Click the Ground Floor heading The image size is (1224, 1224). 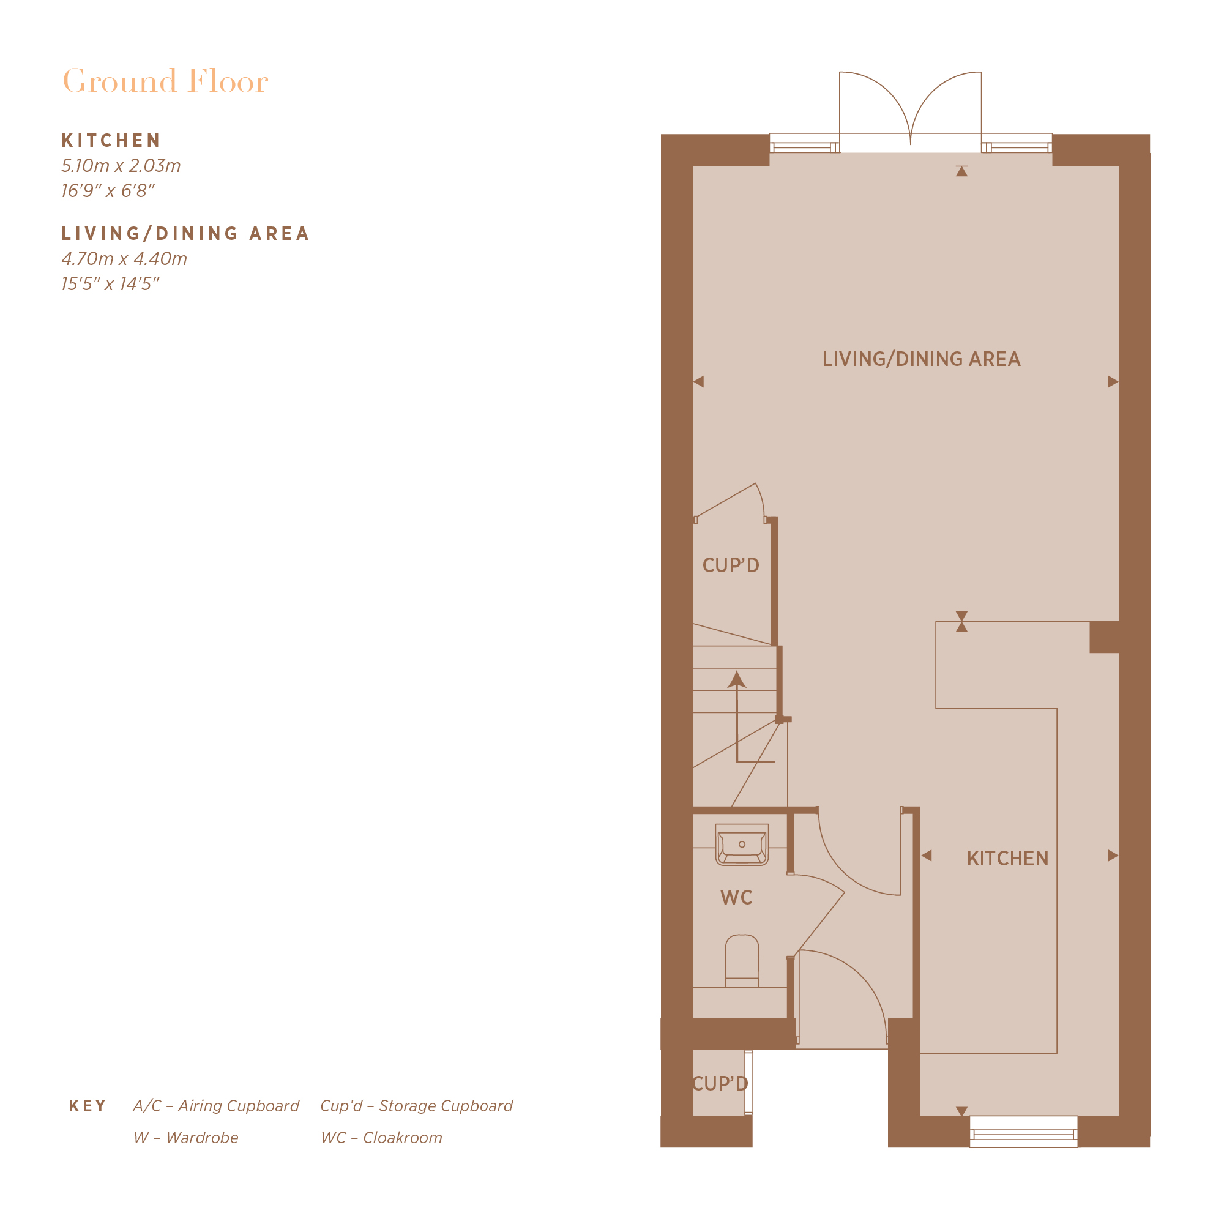(x=165, y=82)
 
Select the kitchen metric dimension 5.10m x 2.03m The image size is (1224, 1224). (x=121, y=166)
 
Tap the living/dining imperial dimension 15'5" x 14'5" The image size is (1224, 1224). (x=110, y=284)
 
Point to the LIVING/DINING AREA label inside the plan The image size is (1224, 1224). (x=921, y=359)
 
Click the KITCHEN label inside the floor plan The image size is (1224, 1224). (x=1007, y=859)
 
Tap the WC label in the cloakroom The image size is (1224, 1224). (x=736, y=898)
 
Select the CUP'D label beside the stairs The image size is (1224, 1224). (x=731, y=565)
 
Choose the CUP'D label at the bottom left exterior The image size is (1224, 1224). (x=720, y=1083)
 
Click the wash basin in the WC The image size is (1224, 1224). (x=742, y=845)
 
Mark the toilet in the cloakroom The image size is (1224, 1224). (x=742, y=961)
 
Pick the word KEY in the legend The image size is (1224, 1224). (x=88, y=1106)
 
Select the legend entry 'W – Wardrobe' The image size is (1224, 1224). (x=185, y=1138)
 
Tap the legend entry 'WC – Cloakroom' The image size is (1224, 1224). (x=381, y=1138)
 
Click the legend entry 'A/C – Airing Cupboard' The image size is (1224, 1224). (x=216, y=1106)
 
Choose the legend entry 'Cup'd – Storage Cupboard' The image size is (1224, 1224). (x=416, y=1106)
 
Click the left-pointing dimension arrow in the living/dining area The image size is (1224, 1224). (x=699, y=381)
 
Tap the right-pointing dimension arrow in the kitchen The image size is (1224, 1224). (x=1113, y=856)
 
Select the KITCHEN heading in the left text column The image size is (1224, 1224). (x=111, y=141)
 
